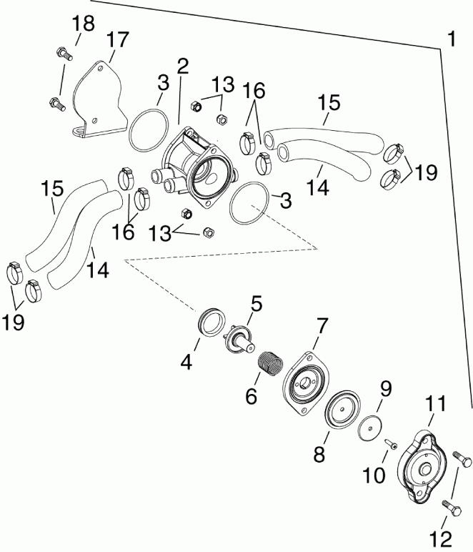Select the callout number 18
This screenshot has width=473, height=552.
tap(83, 23)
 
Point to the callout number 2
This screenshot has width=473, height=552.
tap(182, 67)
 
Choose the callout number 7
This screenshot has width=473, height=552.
tap(322, 327)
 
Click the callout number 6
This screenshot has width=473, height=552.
tap(251, 396)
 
